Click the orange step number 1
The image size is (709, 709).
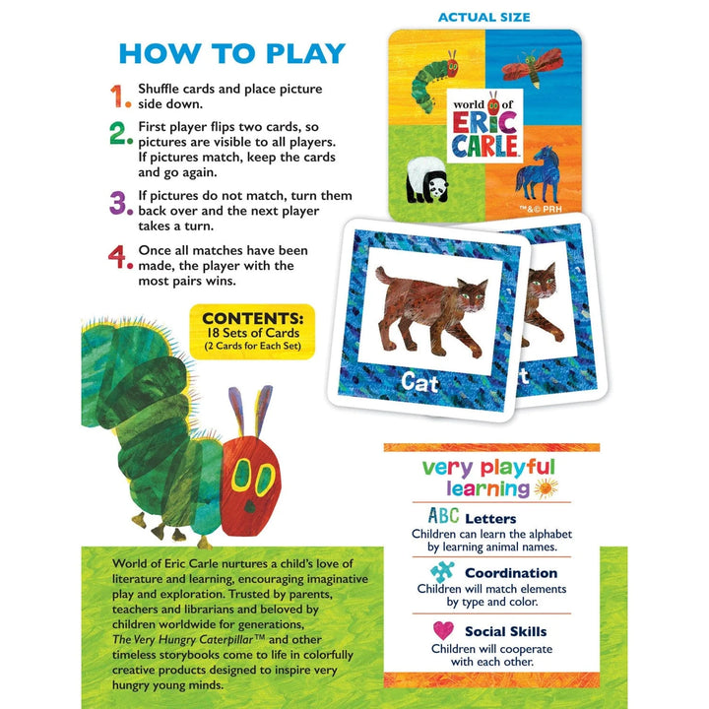[x=119, y=96]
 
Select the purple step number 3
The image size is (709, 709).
[x=120, y=203]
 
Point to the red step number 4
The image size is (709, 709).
[x=120, y=257]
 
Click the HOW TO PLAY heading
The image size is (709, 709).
[x=231, y=53]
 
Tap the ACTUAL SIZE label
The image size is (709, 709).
[x=483, y=17]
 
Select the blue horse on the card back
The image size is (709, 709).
[x=540, y=178]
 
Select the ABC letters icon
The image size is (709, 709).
[x=443, y=517]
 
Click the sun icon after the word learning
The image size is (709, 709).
[x=546, y=488]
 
